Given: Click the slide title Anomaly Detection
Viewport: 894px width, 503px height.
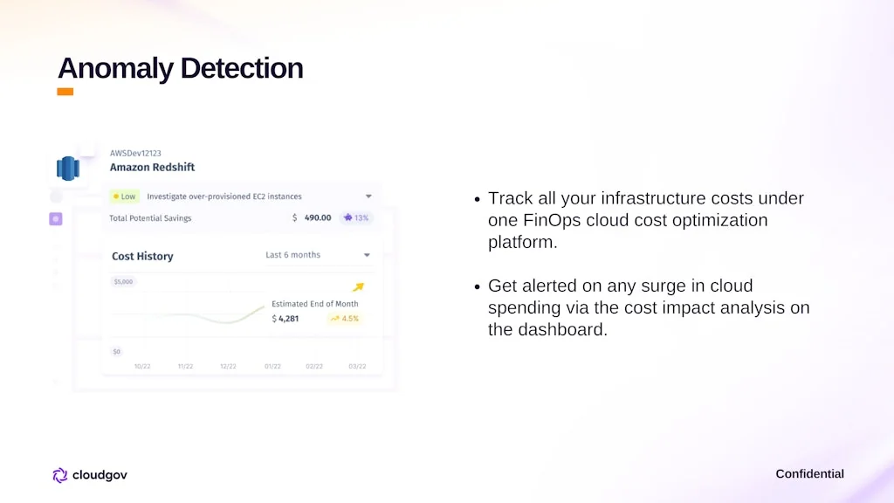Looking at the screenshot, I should point(180,68).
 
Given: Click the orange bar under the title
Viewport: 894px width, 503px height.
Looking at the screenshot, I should point(65,92).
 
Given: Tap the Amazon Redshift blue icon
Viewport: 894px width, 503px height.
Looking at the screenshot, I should point(67,168).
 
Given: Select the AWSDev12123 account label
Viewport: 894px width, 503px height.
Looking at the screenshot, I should point(135,153).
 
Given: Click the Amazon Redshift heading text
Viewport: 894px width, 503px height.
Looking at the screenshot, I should point(152,167).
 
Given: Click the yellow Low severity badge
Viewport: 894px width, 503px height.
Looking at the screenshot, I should point(124,196).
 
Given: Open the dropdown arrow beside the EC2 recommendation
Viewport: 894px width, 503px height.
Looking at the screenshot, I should point(368,196).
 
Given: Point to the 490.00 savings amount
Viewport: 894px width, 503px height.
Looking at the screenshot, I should point(317,217).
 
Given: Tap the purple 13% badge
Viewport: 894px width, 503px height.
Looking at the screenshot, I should point(356,217).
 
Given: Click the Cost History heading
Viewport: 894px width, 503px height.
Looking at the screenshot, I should point(142,256).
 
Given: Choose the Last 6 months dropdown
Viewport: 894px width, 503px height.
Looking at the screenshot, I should point(317,255).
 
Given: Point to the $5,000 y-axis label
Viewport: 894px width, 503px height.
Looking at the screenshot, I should point(123,282).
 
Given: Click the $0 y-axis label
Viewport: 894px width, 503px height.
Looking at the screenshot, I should point(117,351).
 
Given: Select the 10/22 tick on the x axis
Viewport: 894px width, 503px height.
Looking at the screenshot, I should point(142,367).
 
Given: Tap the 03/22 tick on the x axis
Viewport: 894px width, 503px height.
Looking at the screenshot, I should point(358,367).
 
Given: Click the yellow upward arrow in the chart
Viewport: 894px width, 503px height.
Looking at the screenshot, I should point(358,287).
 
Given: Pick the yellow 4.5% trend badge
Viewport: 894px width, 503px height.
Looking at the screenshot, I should point(345,319).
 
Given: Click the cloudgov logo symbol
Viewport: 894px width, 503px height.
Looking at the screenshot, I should point(60,475).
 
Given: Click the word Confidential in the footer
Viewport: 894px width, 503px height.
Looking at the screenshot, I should point(809,474).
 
